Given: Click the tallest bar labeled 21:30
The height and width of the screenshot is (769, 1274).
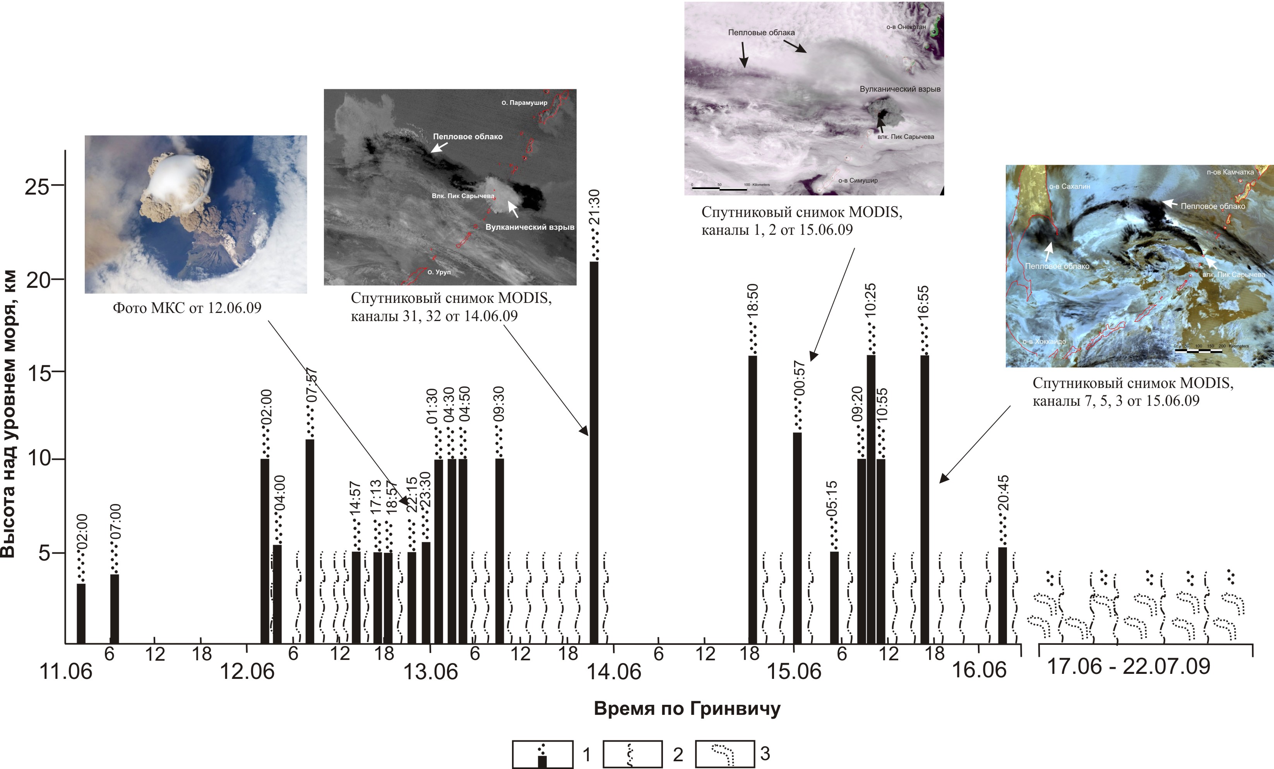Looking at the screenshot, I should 594,452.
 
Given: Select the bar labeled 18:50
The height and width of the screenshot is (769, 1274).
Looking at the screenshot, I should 753,499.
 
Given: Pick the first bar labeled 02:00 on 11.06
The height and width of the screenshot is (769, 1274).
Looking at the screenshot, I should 81,613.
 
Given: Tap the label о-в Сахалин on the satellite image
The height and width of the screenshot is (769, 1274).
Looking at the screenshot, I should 1070,186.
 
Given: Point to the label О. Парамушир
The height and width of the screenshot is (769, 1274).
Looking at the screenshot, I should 524,103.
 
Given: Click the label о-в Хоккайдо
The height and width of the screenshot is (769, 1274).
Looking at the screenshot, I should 1044,342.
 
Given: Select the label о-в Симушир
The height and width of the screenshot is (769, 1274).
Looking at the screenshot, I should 858,180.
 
